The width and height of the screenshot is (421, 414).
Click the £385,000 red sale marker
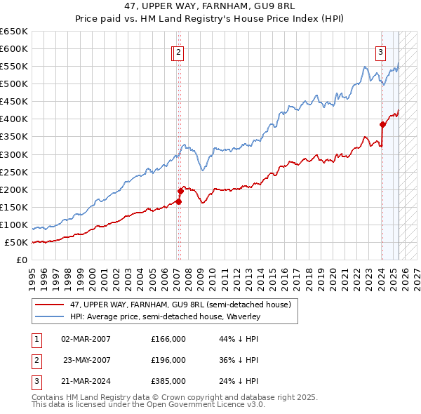(x=382, y=124)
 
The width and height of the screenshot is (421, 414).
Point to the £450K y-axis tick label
(x=14, y=101)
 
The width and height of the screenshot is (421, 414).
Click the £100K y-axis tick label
(x=14, y=225)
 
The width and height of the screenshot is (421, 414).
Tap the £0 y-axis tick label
(x=22, y=260)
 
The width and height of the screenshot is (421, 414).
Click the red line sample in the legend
(x=50, y=305)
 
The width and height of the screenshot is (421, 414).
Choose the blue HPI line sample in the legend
(x=50, y=317)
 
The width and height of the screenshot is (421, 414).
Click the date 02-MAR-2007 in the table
(x=86, y=339)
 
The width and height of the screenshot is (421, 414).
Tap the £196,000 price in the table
(x=168, y=360)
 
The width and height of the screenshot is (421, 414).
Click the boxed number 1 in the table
(x=35, y=339)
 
